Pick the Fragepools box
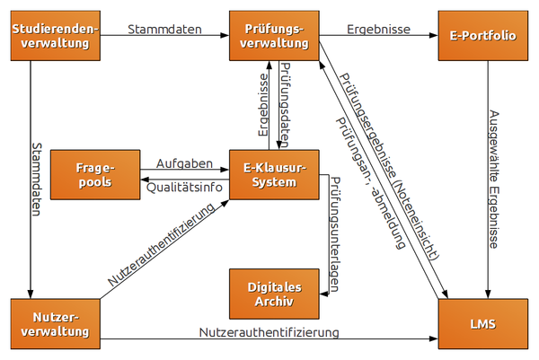(93, 174)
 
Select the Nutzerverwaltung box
(55, 324)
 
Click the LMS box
(483, 324)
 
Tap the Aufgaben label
(183, 163)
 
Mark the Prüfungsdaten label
(286, 104)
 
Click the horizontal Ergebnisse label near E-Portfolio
(378, 29)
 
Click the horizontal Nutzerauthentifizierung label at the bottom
(269, 332)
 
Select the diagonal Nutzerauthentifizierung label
(162, 245)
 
